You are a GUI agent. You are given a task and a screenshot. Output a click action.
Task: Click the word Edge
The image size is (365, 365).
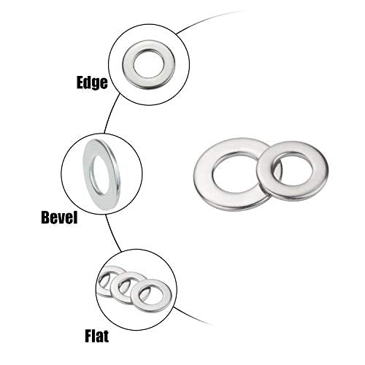point(92,82)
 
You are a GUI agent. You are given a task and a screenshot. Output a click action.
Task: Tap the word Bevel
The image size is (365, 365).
point(59,218)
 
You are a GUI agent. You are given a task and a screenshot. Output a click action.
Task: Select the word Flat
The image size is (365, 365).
point(97,336)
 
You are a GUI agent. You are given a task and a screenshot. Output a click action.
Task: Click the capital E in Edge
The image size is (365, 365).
point(80,82)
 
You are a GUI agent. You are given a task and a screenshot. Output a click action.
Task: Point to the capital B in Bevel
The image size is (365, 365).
point(46,218)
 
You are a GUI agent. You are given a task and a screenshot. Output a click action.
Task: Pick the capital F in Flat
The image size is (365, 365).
point(88,336)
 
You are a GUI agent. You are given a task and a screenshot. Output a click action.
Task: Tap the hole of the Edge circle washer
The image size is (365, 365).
point(149,64)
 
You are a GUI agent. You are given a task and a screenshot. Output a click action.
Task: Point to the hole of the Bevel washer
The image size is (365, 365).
point(100,174)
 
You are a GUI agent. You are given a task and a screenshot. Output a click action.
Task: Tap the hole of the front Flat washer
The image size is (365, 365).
point(152,295)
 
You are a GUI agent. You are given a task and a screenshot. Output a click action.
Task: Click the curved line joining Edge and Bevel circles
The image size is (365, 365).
point(110,113)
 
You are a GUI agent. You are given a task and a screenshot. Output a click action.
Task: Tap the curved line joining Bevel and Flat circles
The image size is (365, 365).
point(112,233)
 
